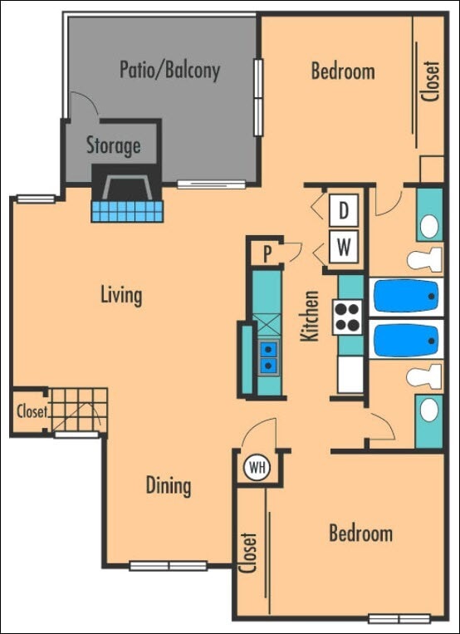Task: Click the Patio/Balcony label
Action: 169,69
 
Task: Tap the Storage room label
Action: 113,145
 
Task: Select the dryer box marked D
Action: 343,211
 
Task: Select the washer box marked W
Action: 343,245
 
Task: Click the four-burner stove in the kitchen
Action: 349,316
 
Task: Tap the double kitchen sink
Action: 268,357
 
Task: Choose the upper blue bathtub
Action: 405,295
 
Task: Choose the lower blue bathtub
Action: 405,339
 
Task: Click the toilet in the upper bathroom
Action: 424,259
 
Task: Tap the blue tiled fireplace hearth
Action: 127,210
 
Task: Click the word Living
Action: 121,294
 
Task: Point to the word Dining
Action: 169,485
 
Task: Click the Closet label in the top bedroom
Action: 430,81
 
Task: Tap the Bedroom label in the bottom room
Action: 360,533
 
